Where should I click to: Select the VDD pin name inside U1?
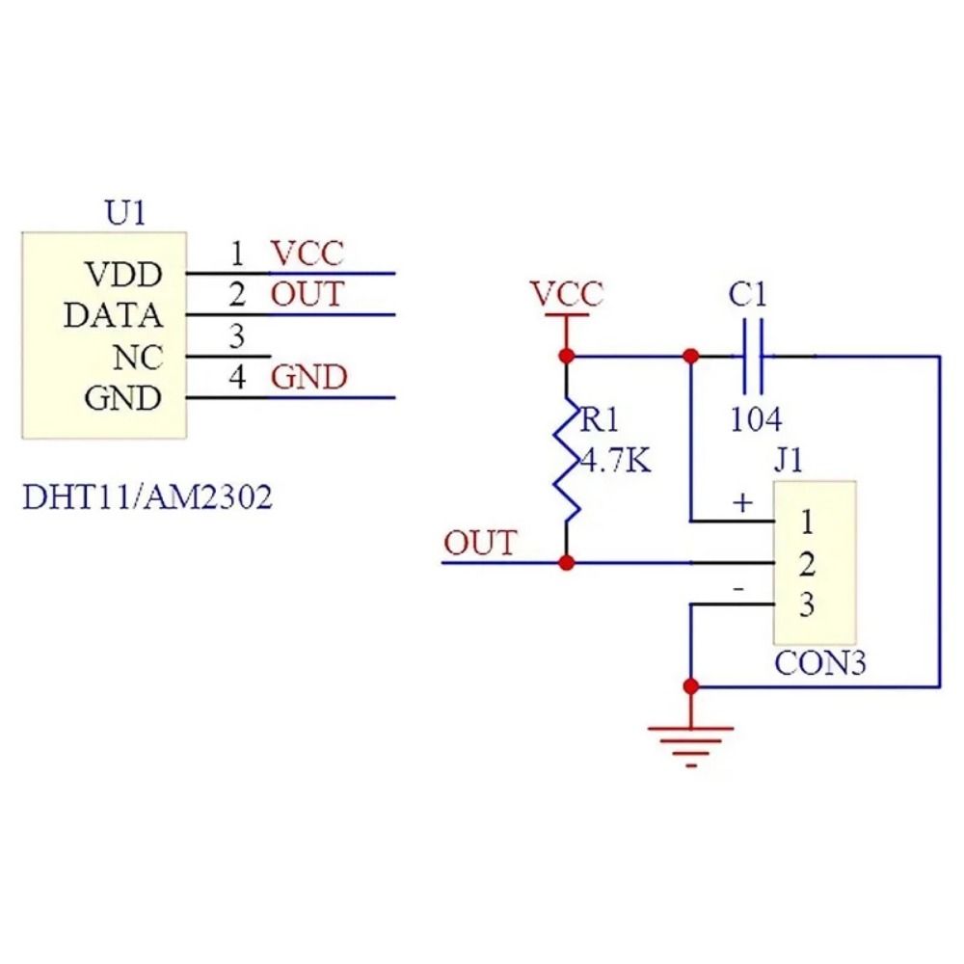[x=124, y=275]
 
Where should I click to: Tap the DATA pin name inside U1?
[x=113, y=315]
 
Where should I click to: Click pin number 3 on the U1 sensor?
[x=237, y=337]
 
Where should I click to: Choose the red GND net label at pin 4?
[x=308, y=378]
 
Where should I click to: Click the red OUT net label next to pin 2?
[x=307, y=294]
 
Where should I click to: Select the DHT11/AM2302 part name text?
[x=147, y=498]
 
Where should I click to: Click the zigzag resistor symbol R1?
[x=567, y=458]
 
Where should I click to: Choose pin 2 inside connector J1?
[x=808, y=563]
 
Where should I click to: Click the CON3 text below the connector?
[x=820, y=664]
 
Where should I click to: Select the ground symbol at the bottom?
[x=690, y=742]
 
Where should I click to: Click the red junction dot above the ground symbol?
[x=690, y=686]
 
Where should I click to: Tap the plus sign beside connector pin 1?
[x=742, y=502]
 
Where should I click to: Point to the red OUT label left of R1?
[x=479, y=544]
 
